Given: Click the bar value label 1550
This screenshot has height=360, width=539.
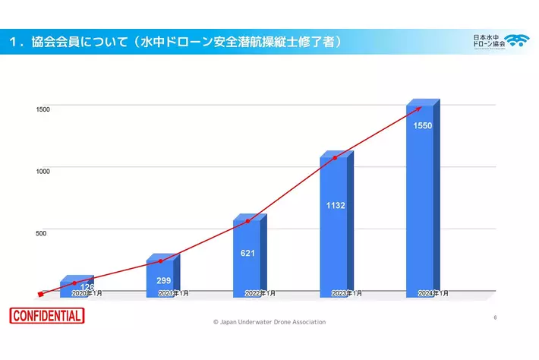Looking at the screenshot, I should point(423,125).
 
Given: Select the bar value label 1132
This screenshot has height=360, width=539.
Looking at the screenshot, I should point(336,204).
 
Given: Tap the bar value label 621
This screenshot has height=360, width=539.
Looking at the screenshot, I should point(247,253).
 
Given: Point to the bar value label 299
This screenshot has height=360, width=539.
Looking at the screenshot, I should point(163,280).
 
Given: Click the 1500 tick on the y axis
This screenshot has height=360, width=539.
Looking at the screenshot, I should point(43,109).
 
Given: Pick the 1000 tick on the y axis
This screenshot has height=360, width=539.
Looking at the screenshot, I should point(43,171).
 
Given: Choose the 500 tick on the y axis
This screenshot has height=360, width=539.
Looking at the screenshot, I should point(41,232).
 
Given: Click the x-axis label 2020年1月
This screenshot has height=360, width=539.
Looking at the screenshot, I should point(87,293).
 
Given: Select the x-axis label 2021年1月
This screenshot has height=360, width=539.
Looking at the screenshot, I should point(174,293).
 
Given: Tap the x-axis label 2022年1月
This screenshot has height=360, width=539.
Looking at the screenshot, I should point(260,293).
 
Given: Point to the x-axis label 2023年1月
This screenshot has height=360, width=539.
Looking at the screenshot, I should point(347,293).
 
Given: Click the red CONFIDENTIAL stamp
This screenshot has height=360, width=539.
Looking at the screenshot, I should point(47,316).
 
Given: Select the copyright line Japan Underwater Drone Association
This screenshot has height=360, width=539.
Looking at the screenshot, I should point(269,322).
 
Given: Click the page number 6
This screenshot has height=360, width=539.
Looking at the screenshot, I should point(494,317).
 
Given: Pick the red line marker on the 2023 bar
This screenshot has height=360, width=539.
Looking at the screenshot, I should point(335,158).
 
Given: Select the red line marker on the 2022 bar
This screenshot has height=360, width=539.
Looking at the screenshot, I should point(247,221).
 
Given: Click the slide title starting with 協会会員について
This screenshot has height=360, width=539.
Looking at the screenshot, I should point(175,41).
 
